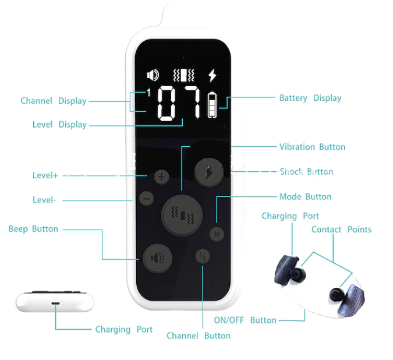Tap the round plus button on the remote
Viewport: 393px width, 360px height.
pyautogui.click(x=161, y=177)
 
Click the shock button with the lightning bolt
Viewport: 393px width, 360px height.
pyautogui.click(x=209, y=172)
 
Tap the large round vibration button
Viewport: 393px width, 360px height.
pyautogui.click(x=182, y=216)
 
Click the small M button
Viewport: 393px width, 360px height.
pyautogui.click(x=217, y=234)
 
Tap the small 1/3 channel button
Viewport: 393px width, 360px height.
pyautogui.click(x=203, y=256)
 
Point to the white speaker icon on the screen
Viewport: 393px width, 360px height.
pyautogui.click(x=153, y=75)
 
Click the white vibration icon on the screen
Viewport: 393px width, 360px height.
pyautogui.click(x=184, y=75)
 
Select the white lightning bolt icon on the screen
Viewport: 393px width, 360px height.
pyautogui.click(x=213, y=75)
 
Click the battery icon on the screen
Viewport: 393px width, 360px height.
pyautogui.click(x=212, y=105)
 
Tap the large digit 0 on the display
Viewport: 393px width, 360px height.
pyautogui.click(x=166, y=103)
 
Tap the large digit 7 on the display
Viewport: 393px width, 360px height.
pyautogui.click(x=192, y=102)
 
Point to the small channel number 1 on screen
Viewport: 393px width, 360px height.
pyautogui.click(x=148, y=93)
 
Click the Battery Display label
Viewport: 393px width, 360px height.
pyautogui.click(x=310, y=98)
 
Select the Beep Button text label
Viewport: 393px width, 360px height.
pyautogui.click(x=33, y=229)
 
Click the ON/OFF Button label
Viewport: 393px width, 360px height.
pyautogui.click(x=245, y=320)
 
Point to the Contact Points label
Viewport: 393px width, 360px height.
pyautogui.click(x=341, y=230)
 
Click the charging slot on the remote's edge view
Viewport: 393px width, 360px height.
pyautogui.click(x=55, y=303)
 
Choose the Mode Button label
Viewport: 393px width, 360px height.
pyautogui.click(x=306, y=197)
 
